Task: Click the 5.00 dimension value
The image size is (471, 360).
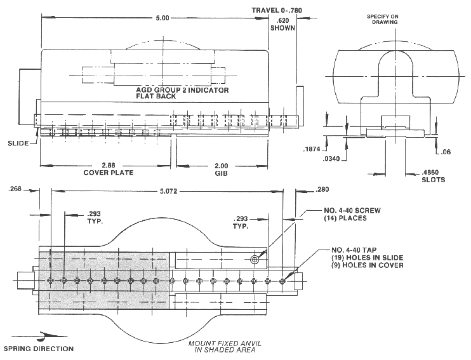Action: coord(163,18)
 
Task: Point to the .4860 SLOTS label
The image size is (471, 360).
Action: coord(434,176)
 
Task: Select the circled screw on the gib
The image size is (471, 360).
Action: coord(255,260)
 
